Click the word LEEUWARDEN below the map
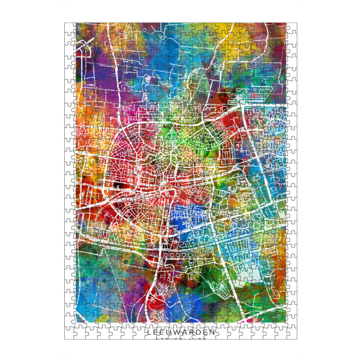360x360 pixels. tap(181, 332)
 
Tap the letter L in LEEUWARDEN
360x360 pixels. tap(149, 332)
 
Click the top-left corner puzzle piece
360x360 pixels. tap(70, 28)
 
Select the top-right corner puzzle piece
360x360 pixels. tap(292, 28)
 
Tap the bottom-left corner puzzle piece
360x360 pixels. tap(70, 334)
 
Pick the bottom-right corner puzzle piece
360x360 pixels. tap(292, 334)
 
